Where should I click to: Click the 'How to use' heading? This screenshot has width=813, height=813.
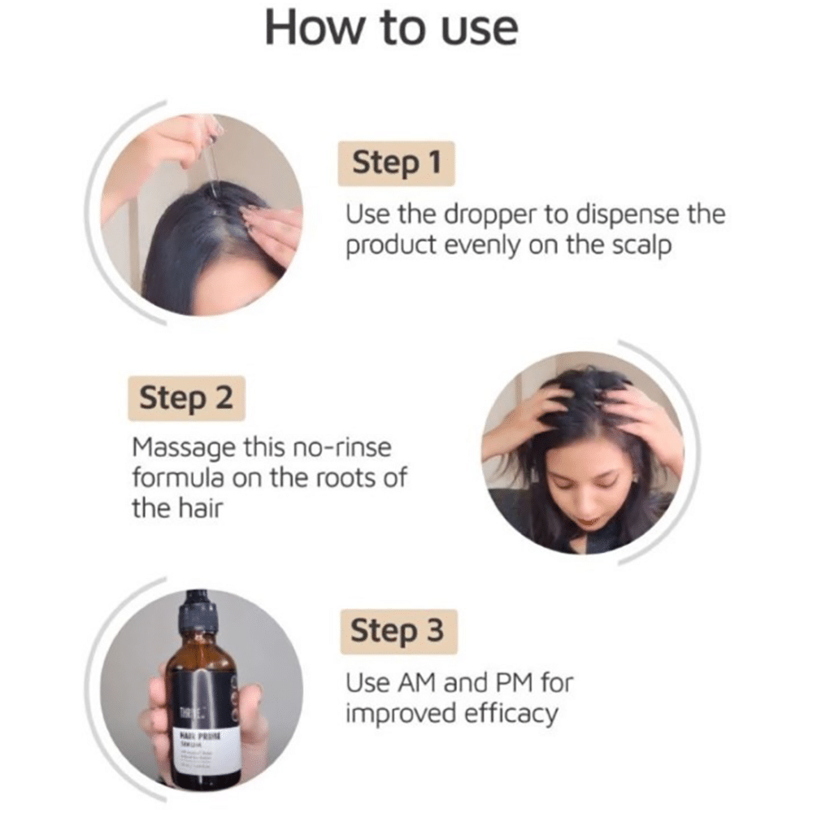click(391, 28)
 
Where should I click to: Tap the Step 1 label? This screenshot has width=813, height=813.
click(396, 163)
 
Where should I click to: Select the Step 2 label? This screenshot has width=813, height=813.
click(186, 398)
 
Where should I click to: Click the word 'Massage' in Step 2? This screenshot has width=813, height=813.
click(179, 447)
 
